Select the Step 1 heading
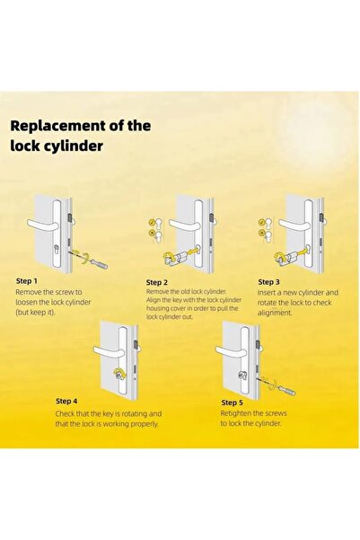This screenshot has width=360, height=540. point(27,281)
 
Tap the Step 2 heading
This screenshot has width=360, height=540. point(158,282)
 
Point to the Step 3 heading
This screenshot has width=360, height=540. point(269,281)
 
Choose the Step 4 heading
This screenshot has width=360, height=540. point(66,401)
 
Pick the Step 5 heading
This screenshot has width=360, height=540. point(232,403)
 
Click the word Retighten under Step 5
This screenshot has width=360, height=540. point(240,413)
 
